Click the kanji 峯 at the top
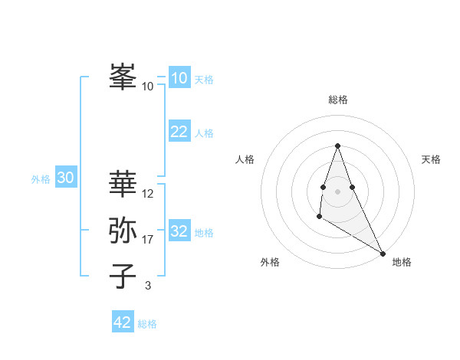click(123, 77)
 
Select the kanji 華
click(123, 183)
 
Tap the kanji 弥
click(123, 230)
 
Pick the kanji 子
click(123, 276)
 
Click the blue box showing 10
click(179, 78)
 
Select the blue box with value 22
click(179, 132)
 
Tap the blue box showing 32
click(179, 231)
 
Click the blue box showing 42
click(123, 322)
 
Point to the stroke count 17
click(148, 240)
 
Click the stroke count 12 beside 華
click(148, 194)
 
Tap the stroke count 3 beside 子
click(148, 286)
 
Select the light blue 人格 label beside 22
click(204, 133)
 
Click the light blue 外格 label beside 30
click(41, 179)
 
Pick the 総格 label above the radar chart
click(338, 100)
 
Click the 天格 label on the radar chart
click(431, 159)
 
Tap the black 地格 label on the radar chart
click(402, 262)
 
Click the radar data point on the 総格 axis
click(337, 146)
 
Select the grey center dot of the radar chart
click(337, 191)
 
